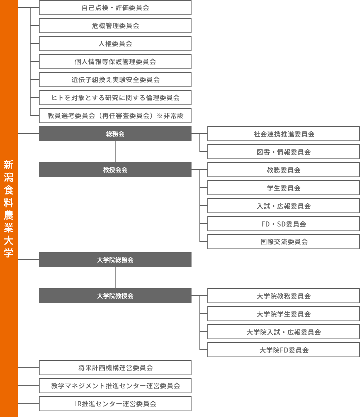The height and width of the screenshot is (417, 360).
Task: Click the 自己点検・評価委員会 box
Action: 115,8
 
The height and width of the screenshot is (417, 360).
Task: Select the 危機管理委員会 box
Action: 115,26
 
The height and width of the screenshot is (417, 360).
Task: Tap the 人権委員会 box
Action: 115,44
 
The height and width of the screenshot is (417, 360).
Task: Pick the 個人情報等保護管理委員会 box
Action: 115,62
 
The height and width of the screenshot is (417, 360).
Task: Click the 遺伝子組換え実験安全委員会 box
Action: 115,80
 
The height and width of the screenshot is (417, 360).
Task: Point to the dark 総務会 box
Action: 115,134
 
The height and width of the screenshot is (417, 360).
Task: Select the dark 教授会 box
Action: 115,170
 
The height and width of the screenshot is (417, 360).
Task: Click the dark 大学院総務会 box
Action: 115,260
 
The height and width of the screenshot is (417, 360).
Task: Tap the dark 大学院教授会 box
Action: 115,296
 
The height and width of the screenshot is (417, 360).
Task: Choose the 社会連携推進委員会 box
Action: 284,134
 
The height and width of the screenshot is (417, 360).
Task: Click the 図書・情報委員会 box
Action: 284,152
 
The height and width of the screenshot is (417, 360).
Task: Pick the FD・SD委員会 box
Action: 284,224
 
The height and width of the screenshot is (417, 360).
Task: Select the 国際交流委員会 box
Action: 284,242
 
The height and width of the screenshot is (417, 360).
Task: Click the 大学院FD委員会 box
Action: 284,350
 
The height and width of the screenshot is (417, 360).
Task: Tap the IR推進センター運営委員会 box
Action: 115,404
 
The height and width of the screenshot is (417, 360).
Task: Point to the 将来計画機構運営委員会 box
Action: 115,368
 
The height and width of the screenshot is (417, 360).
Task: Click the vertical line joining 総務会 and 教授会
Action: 115,152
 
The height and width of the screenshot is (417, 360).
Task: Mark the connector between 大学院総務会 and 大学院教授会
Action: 115,278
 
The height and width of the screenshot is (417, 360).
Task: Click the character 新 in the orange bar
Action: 9,165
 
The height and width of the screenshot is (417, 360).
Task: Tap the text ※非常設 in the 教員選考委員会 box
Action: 170,116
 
